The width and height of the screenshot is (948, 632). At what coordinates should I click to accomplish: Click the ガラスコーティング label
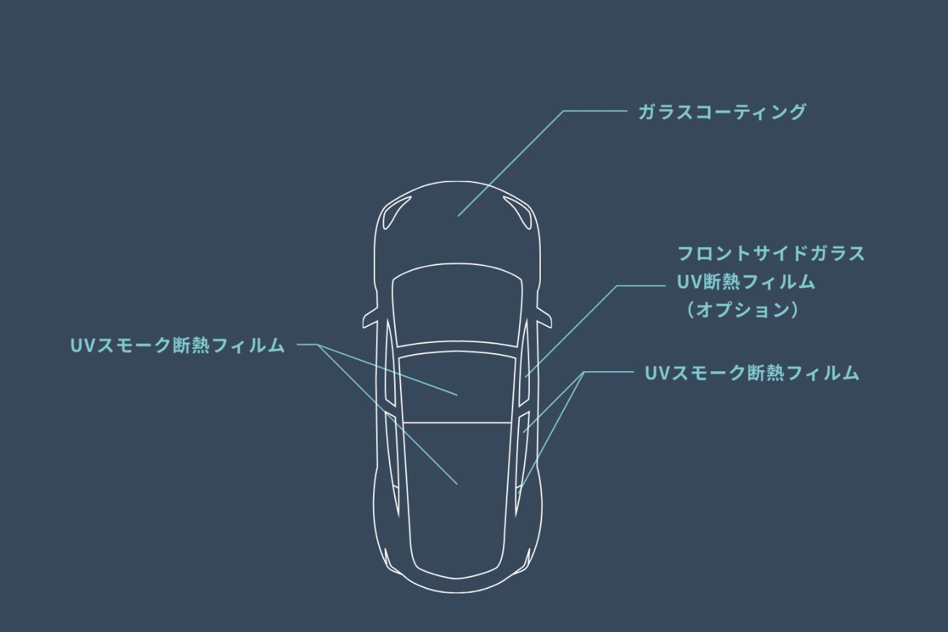[722, 112]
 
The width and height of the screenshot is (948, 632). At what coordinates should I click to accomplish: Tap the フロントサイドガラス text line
[771, 254]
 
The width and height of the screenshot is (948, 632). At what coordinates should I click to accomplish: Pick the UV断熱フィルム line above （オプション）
[745, 282]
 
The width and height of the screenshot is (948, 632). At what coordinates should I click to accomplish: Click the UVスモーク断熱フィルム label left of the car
[177, 346]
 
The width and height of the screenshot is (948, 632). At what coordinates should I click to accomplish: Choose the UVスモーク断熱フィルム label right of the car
[751, 373]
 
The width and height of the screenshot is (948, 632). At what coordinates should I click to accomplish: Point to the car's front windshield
[457, 305]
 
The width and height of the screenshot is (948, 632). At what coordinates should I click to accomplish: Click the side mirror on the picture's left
[371, 317]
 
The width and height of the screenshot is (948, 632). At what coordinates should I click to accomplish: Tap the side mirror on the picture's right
[544, 317]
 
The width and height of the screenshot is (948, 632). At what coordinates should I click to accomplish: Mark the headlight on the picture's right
[520, 213]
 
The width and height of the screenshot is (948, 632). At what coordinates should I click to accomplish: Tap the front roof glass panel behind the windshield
[457, 385]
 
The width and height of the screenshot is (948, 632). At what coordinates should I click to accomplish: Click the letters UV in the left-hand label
[78, 346]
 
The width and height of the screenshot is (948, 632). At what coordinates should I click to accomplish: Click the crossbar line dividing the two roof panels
[457, 423]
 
